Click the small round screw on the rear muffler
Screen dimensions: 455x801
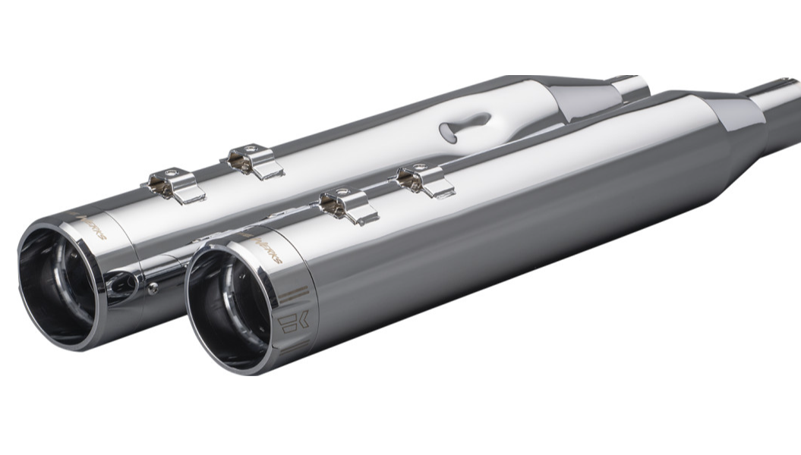click(x=154, y=286)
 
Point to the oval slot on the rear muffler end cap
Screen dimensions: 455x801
click(x=122, y=282)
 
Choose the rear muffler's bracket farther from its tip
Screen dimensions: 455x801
click(x=251, y=160)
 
